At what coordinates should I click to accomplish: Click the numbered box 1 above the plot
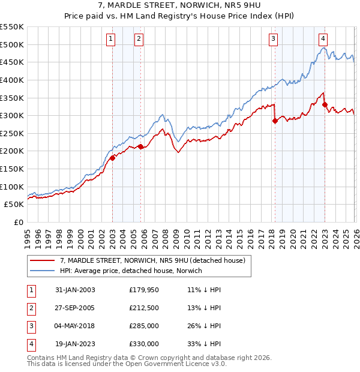click(112, 40)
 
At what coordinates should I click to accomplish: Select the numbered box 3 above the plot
click(274, 40)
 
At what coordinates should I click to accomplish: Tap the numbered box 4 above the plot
click(323, 40)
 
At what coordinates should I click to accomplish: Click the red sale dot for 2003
click(112, 158)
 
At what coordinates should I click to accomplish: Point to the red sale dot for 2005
click(140, 146)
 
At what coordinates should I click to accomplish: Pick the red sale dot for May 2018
click(275, 121)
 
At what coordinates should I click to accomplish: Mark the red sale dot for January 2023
click(325, 105)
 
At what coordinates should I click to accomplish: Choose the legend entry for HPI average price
click(131, 271)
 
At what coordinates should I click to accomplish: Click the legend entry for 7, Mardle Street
click(152, 261)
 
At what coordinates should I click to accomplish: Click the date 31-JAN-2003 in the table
click(75, 289)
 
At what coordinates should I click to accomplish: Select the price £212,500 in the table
click(144, 307)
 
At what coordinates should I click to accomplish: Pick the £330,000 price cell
click(144, 344)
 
